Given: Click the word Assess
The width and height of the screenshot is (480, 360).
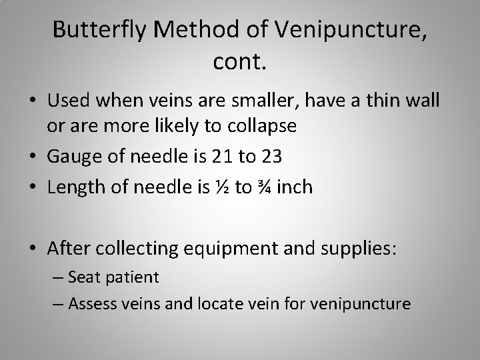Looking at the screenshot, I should click(x=93, y=304).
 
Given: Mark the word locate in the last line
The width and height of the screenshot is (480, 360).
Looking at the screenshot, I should click(x=217, y=304).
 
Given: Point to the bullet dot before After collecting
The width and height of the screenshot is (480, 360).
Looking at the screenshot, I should click(x=33, y=249).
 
